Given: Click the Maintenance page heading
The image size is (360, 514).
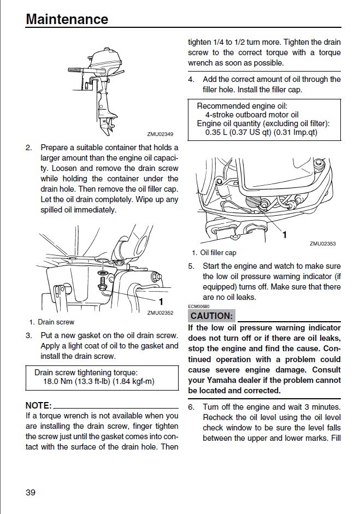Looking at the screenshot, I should tap(67, 19).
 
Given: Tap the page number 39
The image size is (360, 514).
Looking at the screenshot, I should tap(31, 492).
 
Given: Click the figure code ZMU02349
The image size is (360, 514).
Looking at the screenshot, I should tap(160, 134).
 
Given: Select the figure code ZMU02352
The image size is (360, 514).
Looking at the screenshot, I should tap(160, 313).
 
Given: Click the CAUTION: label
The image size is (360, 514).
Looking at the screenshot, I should tap(211, 316).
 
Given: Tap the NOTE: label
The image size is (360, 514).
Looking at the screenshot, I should tap(38, 405).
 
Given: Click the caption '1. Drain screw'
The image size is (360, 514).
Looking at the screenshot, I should tap(52, 322).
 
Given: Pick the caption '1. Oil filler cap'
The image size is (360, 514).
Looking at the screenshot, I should tap(214, 253).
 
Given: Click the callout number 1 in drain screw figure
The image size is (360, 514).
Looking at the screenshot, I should tap(161, 301).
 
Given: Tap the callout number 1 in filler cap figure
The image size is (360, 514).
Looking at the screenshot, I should tap(284, 234).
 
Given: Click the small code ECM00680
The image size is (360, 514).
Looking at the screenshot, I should tap(199, 306).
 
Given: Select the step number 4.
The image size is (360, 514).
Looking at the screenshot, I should tap(191, 79).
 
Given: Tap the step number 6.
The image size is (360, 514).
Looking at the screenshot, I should tap(191, 407).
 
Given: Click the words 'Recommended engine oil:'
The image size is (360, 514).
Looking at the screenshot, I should tap(241, 106).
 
